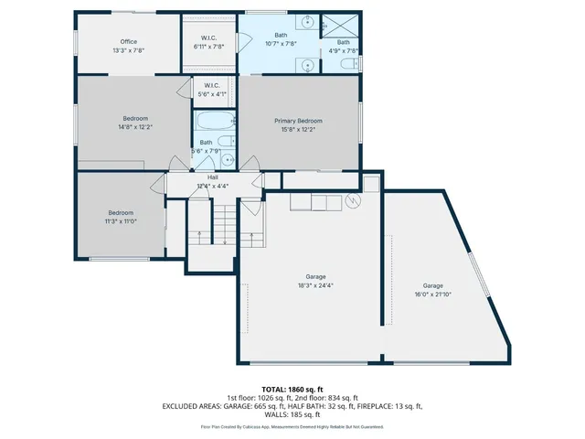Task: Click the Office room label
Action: [x=128, y=41]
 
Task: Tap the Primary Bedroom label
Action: [x=298, y=121]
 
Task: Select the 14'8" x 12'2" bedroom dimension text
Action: [x=135, y=127]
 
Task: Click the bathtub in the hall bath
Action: [x=214, y=122]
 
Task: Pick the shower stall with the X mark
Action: [x=343, y=25]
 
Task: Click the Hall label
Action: [x=212, y=177]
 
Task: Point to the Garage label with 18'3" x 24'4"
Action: [x=315, y=276]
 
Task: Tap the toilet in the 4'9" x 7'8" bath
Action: [x=347, y=64]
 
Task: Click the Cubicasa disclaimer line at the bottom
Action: [x=292, y=427]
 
